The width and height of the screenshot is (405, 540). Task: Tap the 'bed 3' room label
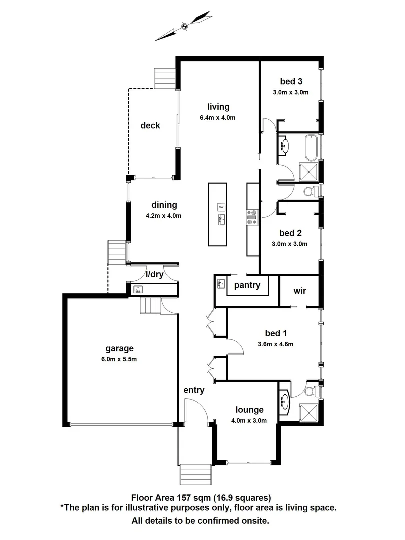pyautogui.click(x=291, y=81)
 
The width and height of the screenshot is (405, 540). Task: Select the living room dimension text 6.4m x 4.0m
pyautogui.click(x=217, y=118)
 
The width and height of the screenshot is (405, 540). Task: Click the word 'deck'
pyautogui.click(x=150, y=125)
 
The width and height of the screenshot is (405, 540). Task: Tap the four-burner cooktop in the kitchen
pyautogui.click(x=252, y=215)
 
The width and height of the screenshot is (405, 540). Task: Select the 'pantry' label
pyautogui.click(x=247, y=285)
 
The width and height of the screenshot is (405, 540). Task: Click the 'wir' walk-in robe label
pyautogui.click(x=300, y=290)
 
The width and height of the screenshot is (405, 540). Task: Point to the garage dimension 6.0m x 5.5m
pyautogui.click(x=119, y=359)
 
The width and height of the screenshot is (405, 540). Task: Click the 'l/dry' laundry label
pyautogui.click(x=154, y=274)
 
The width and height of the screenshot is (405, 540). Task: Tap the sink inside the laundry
pyautogui.click(x=138, y=289)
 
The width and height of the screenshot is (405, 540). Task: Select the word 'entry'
pyautogui.click(x=194, y=390)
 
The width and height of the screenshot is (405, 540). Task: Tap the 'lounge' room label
pyautogui.click(x=250, y=410)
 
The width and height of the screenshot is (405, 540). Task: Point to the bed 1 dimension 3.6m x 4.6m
pyautogui.click(x=275, y=344)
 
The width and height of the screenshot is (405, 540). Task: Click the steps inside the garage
pyautogui.click(x=151, y=305)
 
